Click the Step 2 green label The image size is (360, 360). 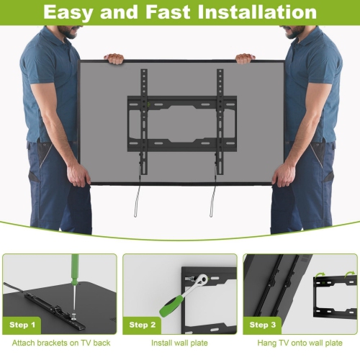pyautogui.click(x=143, y=325)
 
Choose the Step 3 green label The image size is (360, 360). pyautogui.click(x=263, y=325)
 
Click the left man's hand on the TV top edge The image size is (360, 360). pyautogui.click(x=114, y=58)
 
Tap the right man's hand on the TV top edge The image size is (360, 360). pyautogui.click(x=246, y=58)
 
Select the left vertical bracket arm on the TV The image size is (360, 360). pyautogui.click(x=144, y=119)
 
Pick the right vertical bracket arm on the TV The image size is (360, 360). pyautogui.click(x=218, y=119)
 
